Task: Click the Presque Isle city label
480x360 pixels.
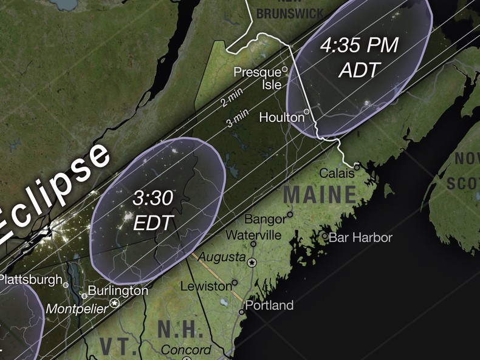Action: (258, 78)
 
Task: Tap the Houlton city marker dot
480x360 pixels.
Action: (307, 112)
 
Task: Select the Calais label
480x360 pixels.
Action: (337, 174)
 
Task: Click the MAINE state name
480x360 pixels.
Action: (320, 195)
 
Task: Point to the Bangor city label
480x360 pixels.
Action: (264, 219)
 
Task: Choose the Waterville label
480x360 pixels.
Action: (253, 234)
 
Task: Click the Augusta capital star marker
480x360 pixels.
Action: (253, 262)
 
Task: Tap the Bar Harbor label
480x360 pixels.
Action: (360, 237)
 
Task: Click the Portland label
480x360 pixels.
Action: (269, 305)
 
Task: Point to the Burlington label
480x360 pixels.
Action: (118, 291)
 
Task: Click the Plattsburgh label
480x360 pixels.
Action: (30, 280)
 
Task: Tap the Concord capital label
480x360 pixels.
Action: (187, 350)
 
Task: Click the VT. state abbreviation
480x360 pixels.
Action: (115, 347)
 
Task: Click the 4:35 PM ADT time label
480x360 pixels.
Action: (359, 58)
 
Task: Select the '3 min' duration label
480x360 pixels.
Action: (238, 120)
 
